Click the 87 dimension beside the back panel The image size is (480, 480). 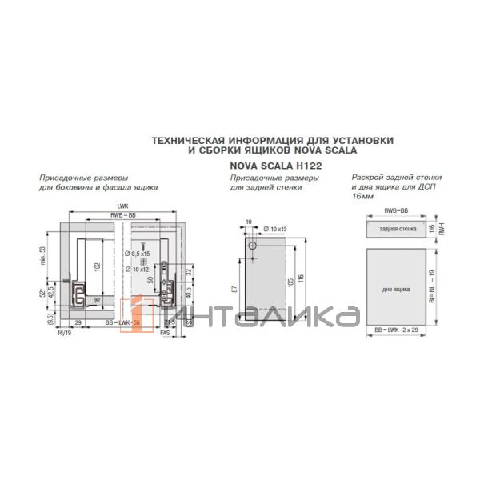(235, 290)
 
